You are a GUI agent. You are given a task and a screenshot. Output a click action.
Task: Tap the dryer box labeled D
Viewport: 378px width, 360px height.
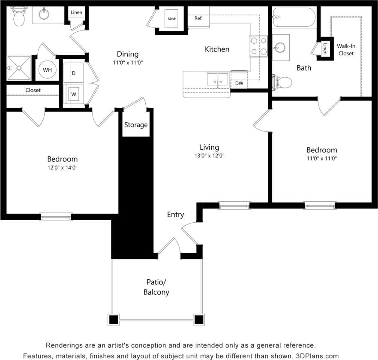(x=73, y=73)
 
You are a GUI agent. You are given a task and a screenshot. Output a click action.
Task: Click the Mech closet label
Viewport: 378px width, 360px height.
(x=172, y=18)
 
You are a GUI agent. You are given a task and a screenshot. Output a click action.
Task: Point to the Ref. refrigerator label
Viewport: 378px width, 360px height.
(x=198, y=18)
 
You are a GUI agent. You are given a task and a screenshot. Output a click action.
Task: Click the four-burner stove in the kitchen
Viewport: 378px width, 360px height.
(x=258, y=46)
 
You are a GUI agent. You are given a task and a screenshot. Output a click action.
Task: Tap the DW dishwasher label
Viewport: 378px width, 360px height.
(x=239, y=83)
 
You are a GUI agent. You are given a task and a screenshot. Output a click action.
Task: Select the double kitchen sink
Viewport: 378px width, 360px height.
(x=217, y=79)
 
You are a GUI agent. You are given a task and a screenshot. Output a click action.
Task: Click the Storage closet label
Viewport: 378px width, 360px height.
(x=136, y=125)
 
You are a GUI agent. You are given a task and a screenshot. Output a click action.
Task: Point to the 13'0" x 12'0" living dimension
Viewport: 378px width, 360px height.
(x=209, y=156)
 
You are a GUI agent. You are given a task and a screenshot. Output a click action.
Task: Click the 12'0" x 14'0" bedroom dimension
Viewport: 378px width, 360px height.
(x=63, y=167)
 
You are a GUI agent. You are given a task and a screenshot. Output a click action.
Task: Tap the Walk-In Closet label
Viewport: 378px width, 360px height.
(x=345, y=49)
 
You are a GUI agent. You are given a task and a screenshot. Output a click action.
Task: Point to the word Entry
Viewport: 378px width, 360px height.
(x=175, y=215)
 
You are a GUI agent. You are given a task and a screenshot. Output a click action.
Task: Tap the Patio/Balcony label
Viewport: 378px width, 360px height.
(x=156, y=287)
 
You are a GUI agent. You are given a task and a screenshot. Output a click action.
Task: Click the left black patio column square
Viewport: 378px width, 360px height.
(x=113, y=320)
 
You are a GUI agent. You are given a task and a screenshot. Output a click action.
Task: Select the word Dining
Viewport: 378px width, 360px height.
(x=128, y=54)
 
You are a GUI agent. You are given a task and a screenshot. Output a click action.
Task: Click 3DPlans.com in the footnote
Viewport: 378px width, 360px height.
(x=317, y=356)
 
